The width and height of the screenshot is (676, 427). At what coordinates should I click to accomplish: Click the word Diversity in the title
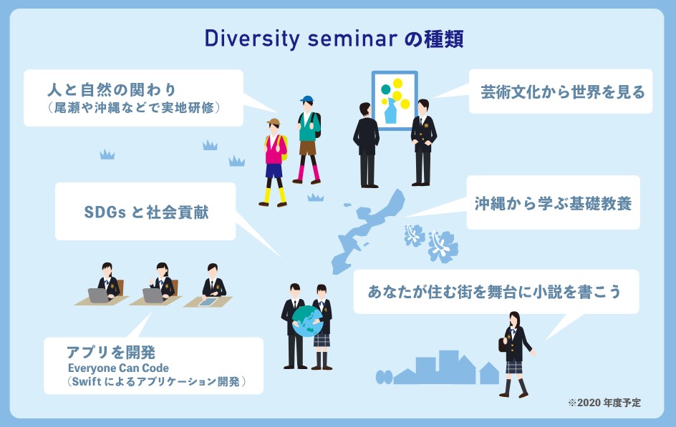pyautogui.click(x=252, y=39)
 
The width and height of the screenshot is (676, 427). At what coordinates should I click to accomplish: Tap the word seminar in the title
pyautogui.click(x=352, y=39)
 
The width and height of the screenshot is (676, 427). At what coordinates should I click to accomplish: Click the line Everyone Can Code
pyautogui.click(x=118, y=368)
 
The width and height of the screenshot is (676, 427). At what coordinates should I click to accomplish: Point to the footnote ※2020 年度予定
pyautogui.click(x=604, y=403)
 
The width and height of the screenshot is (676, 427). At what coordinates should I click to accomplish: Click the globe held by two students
pyautogui.click(x=307, y=321)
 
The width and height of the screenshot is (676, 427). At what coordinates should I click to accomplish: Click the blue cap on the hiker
pyautogui.click(x=306, y=99)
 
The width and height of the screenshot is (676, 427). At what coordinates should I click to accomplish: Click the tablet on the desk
pyautogui.click(x=208, y=302)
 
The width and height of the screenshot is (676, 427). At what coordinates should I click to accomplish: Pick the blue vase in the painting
pyautogui.click(x=390, y=111)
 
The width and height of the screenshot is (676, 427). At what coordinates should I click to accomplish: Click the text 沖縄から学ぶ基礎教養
pyautogui.click(x=553, y=203)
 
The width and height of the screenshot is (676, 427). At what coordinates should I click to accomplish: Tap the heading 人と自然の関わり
pyautogui.click(x=112, y=89)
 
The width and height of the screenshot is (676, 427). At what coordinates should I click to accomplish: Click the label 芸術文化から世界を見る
pyautogui.click(x=563, y=92)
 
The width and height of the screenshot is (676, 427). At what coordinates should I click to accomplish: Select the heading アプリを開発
pyautogui.click(x=111, y=352)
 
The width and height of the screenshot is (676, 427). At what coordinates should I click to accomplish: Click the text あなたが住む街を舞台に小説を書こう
pyautogui.click(x=494, y=291)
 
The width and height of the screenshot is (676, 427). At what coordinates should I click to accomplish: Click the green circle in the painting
pyautogui.click(x=386, y=89)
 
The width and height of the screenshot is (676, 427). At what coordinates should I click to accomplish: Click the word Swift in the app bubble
pyautogui.click(x=86, y=381)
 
